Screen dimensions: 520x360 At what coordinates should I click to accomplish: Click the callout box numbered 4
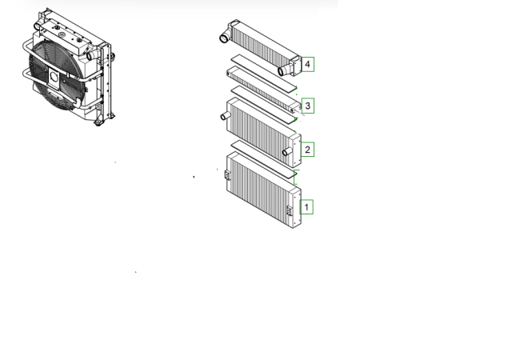(x=307, y=64)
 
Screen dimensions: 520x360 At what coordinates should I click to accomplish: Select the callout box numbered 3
(x=308, y=106)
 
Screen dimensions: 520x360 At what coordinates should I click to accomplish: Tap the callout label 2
(x=307, y=150)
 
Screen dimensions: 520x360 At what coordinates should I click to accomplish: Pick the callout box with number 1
(x=306, y=207)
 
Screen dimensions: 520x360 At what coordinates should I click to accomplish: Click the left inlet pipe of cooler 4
(x=225, y=37)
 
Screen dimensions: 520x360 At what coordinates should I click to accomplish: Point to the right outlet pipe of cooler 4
(x=283, y=70)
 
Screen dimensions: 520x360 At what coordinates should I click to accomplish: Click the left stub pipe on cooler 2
(x=225, y=116)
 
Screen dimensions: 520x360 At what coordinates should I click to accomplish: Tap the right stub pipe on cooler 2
(x=287, y=152)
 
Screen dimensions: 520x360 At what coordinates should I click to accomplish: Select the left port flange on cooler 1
(x=227, y=174)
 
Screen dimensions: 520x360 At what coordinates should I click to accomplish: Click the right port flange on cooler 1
(x=290, y=210)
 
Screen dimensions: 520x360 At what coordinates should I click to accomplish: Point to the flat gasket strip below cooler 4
(x=264, y=74)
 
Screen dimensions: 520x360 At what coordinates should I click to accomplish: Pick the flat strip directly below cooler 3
(x=263, y=103)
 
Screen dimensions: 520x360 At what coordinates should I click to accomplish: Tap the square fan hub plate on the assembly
(x=54, y=78)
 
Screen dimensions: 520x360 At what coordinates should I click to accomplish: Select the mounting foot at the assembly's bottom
(x=98, y=122)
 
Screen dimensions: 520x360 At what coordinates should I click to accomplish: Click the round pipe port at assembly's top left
(x=37, y=26)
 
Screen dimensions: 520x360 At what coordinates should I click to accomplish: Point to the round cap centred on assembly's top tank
(x=62, y=34)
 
